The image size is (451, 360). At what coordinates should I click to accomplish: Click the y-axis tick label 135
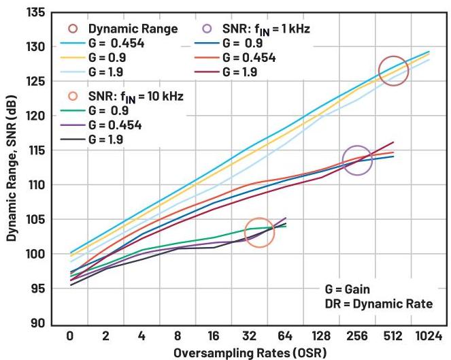pos(35,12)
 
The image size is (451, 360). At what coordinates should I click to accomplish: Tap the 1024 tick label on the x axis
pos(429,336)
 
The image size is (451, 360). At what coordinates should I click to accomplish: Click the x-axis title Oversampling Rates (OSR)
pos(250,353)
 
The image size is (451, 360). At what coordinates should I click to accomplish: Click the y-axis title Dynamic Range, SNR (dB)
pos(12,167)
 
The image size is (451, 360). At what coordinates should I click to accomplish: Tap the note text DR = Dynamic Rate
pos(378,304)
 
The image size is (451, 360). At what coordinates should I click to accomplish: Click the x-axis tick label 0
pos(70,336)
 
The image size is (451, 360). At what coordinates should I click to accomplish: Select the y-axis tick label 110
pos(35,184)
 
